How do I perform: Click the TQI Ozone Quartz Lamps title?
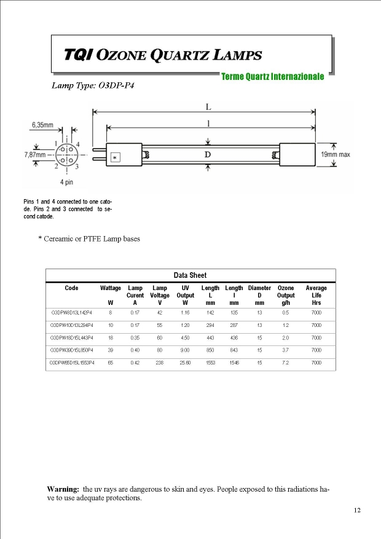point(163,55)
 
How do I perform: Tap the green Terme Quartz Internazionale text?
point(272,77)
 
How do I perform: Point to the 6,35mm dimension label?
point(43,125)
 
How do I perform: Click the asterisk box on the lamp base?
point(115,158)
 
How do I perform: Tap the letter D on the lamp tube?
point(208,154)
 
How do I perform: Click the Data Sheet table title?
point(190,275)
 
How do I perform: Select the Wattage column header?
point(111,288)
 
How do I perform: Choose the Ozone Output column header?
point(286,291)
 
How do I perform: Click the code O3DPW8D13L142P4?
point(71,313)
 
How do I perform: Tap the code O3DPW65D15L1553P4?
point(72,363)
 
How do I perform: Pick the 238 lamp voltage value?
point(160,363)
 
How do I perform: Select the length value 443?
point(210,338)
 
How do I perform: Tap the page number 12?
point(357,511)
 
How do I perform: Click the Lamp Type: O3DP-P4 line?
point(93,85)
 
